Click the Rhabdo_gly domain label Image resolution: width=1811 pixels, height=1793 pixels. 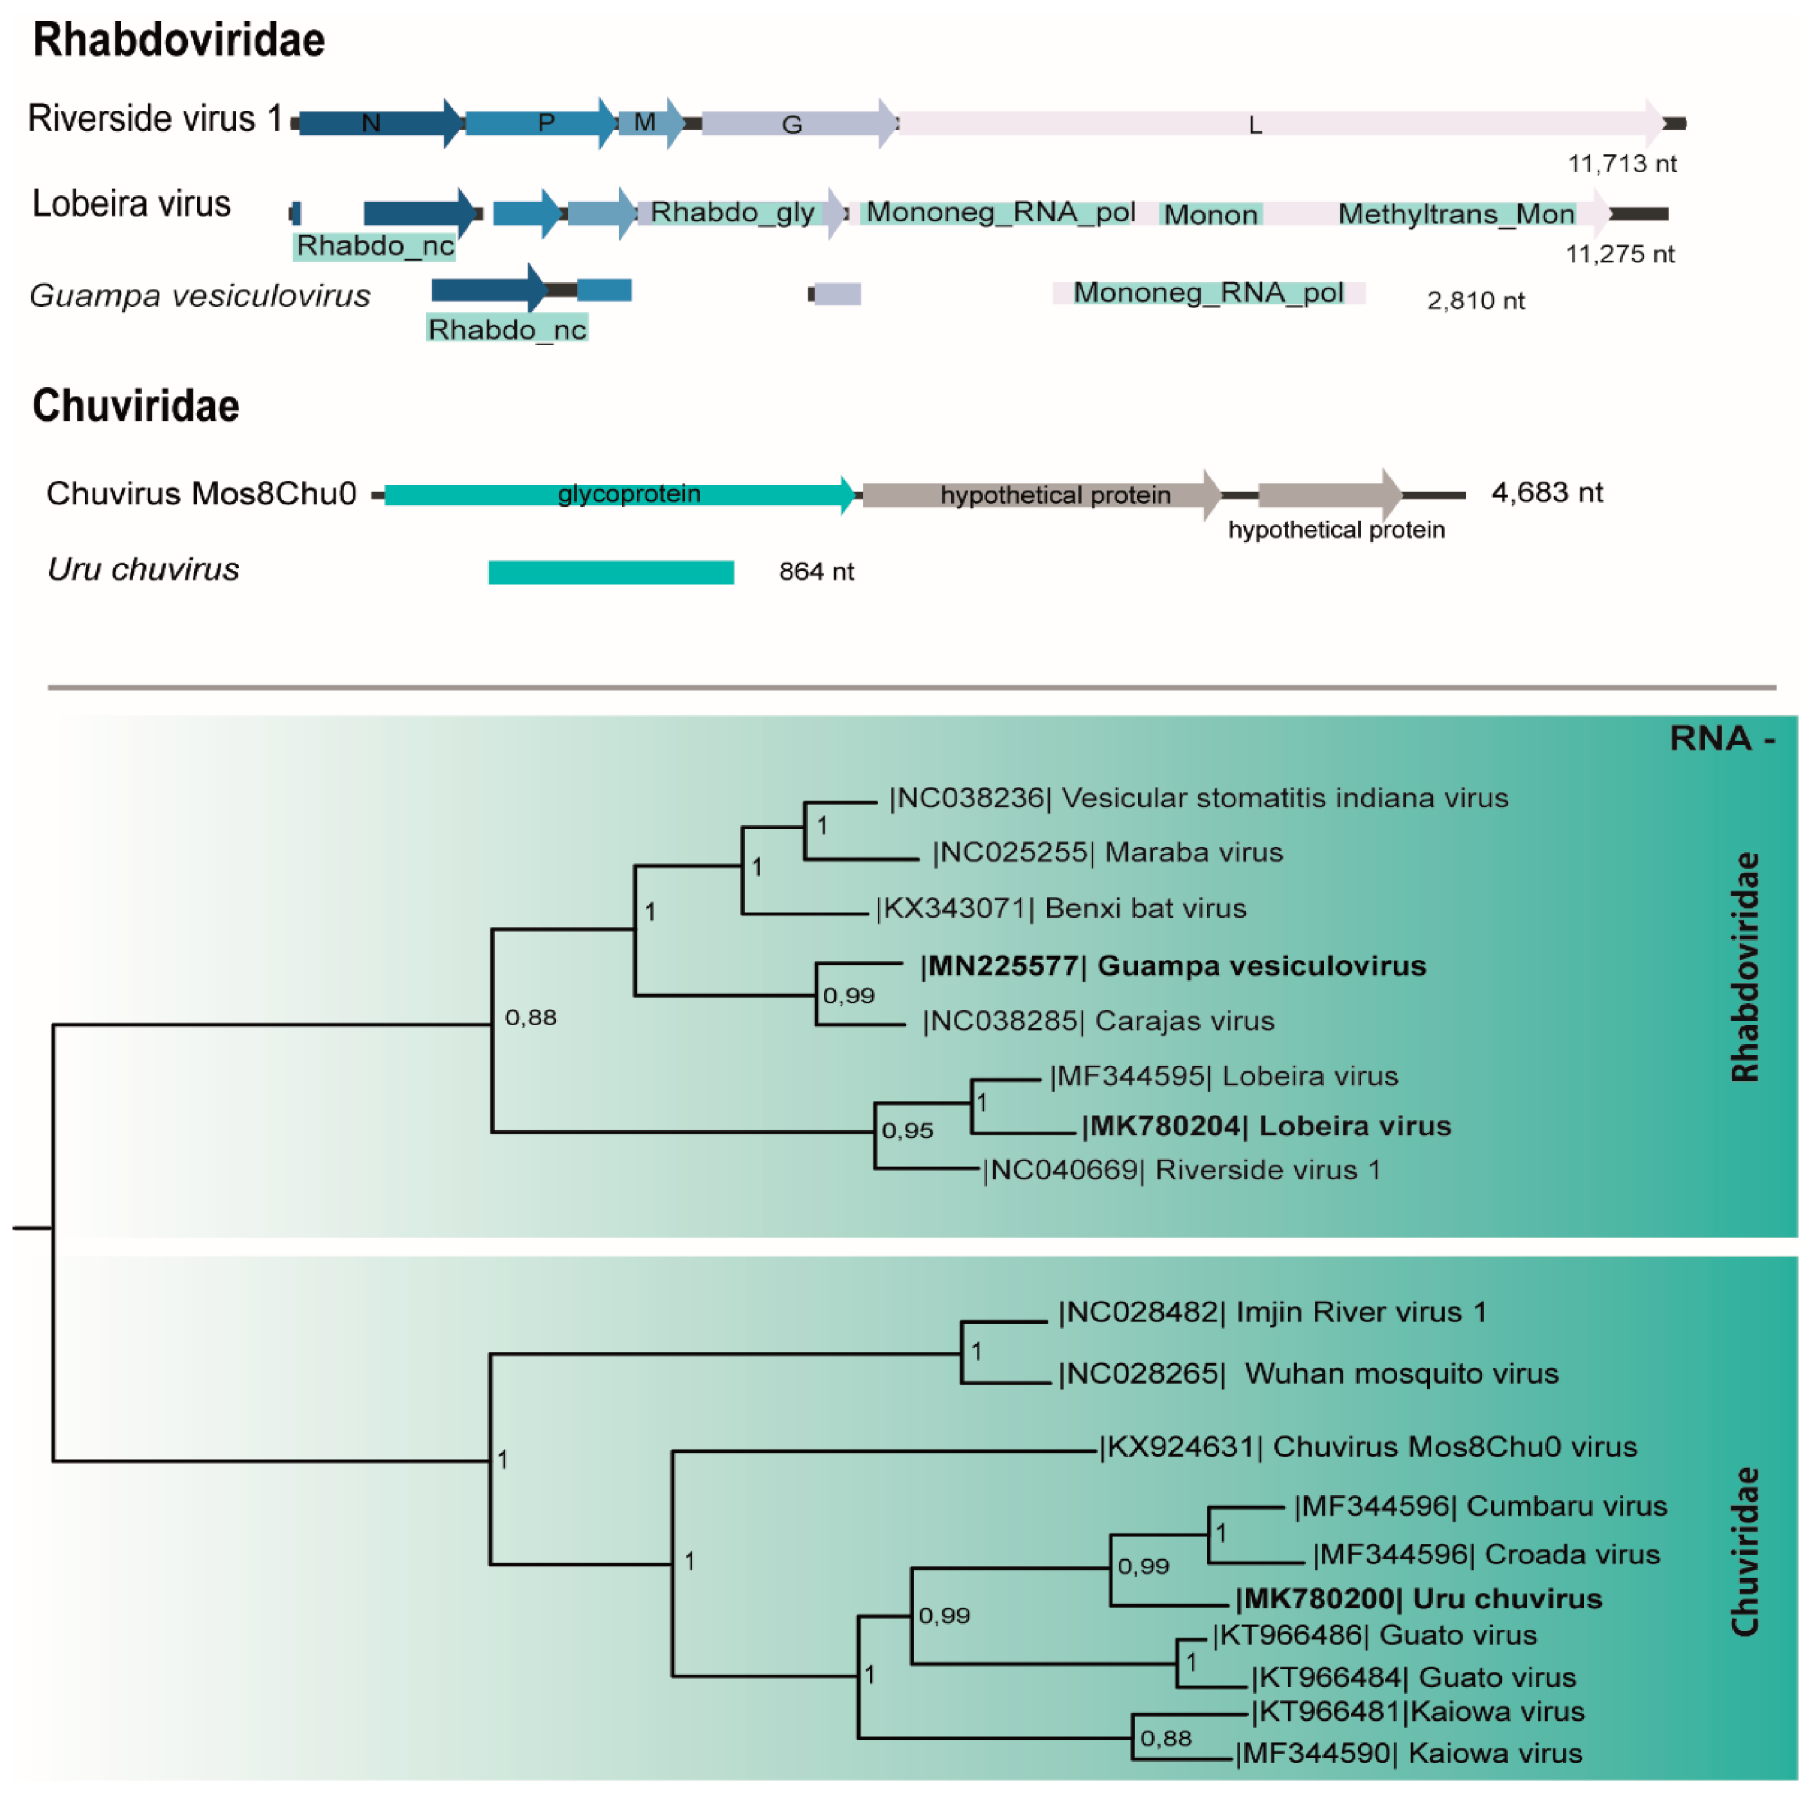pyautogui.click(x=732, y=213)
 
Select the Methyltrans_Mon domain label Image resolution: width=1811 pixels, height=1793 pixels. pyautogui.click(x=1456, y=215)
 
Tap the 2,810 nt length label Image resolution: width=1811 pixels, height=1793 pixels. pyautogui.click(x=1475, y=301)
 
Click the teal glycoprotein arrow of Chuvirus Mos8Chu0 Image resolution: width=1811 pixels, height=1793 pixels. pyautogui.click(x=619, y=494)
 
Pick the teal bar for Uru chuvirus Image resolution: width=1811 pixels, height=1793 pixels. pyautogui.click(x=610, y=572)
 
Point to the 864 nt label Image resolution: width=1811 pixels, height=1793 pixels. pyautogui.click(x=815, y=572)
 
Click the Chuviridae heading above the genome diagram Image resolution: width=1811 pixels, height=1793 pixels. pyautogui.click(x=136, y=406)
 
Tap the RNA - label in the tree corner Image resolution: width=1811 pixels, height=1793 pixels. pyautogui.click(x=1722, y=738)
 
